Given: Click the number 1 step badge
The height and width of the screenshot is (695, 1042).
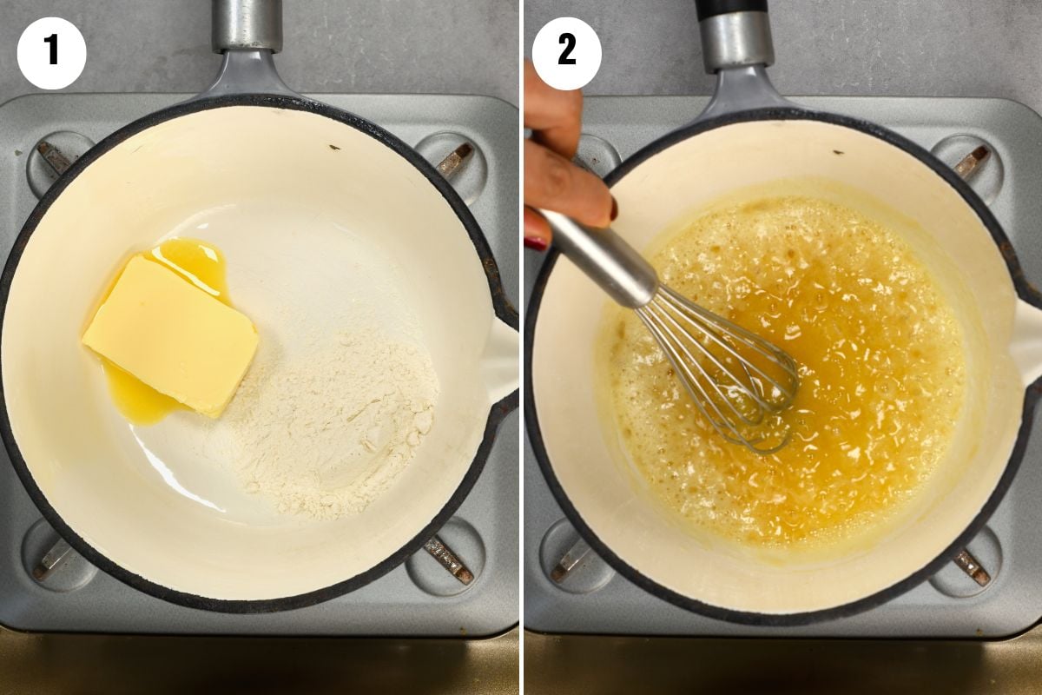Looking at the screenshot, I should (51, 53).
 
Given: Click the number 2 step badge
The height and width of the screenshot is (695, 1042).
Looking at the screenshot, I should (566, 53).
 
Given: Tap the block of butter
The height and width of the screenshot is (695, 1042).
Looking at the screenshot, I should (171, 334).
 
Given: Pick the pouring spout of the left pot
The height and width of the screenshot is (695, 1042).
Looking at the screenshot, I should (501, 356).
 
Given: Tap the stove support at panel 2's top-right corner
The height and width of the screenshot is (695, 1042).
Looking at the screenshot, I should (971, 161).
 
